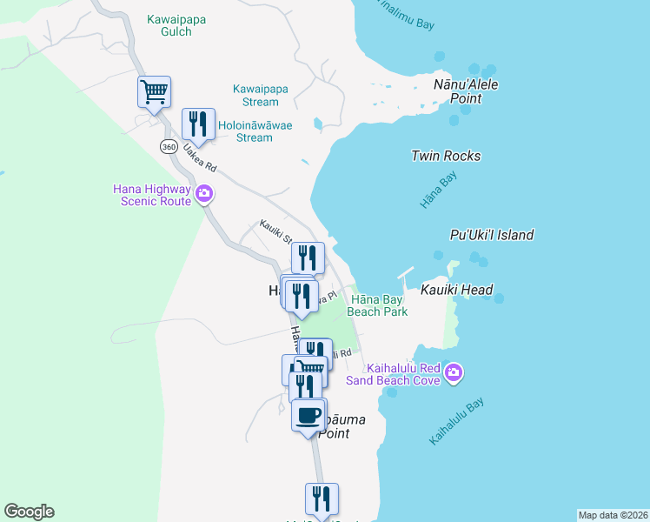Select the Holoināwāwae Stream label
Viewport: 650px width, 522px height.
255,130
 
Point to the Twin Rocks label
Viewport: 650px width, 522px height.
446,157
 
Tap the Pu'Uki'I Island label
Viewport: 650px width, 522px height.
491,235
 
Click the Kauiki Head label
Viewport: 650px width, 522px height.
457,290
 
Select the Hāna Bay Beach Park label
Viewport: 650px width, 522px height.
377,305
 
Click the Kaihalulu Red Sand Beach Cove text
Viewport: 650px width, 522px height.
395,373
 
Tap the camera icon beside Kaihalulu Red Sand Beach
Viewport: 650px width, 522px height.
454,374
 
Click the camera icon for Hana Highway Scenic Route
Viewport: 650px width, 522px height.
204,193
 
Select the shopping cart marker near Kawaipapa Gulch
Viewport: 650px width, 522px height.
154,91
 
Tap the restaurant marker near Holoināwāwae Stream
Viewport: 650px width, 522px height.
198,124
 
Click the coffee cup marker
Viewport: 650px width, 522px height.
308,414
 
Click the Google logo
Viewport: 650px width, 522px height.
29,512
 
